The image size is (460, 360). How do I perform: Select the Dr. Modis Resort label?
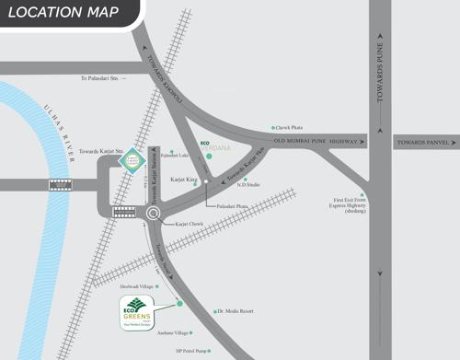click(x=236, y=311)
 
